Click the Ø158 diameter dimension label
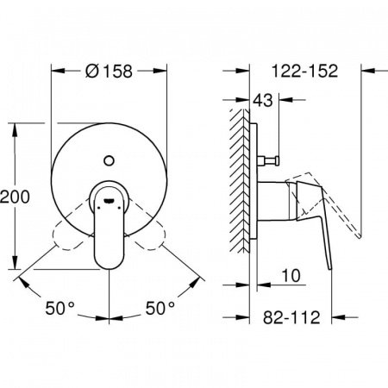(109, 71)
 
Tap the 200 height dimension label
(15, 197)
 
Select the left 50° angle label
(59, 309)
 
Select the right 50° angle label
(160, 309)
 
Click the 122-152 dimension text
(304, 71)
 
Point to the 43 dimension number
(262, 100)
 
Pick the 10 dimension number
(291, 276)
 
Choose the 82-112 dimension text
(291, 317)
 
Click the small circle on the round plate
(109, 160)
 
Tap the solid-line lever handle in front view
(109, 225)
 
